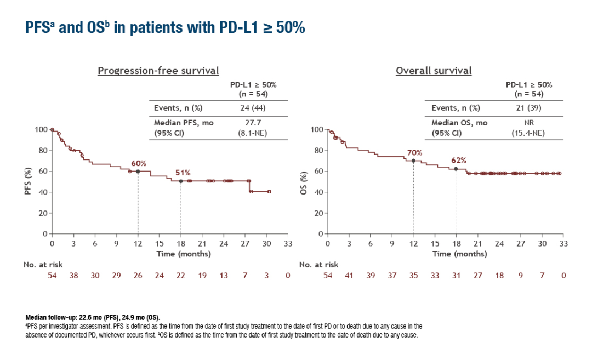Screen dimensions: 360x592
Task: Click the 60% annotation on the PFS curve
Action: tap(138, 163)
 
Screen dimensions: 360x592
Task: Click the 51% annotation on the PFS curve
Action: tap(183, 173)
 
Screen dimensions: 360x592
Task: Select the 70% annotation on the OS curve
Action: tap(414, 152)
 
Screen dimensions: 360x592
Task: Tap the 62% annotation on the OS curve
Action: tap(458, 161)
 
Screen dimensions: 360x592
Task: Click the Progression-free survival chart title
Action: tap(158, 71)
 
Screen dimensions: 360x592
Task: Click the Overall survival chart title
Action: tap(434, 71)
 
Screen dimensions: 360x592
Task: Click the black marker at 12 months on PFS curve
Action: tap(138, 172)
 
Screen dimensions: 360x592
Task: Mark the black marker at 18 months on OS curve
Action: tap(456, 169)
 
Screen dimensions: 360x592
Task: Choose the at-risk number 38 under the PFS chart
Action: tap(73, 276)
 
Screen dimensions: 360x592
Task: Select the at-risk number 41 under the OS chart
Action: tap(349, 276)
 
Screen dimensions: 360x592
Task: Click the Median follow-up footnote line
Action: tap(93, 317)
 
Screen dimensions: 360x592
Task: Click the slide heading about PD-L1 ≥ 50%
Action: tap(164, 28)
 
